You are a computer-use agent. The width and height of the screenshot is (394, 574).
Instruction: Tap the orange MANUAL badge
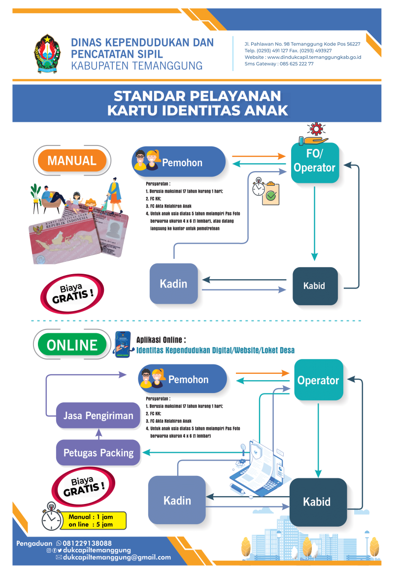pyautogui.click(x=72, y=161)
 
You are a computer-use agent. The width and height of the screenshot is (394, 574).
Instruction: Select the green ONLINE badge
pyautogui.click(x=72, y=345)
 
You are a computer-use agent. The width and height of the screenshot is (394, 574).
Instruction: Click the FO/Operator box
pyautogui.click(x=314, y=162)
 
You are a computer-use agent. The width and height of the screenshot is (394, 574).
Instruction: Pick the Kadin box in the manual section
pyautogui.click(x=173, y=284)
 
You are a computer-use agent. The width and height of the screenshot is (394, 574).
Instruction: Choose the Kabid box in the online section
pyautogui.click(x=318, y=502)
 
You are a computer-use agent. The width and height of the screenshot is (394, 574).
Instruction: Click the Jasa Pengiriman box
pyautogui.click(x=98, y=415)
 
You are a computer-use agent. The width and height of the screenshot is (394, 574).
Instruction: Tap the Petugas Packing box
pyautogui.click(x=98, y=453)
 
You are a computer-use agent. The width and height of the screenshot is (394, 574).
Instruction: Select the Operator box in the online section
pyautogui.click(x=318, y=380)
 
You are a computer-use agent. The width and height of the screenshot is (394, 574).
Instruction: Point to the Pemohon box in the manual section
pyautogui.click(x=179, y=162)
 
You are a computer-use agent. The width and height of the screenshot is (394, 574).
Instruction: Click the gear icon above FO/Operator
pyautogui.click(x=314, y=130)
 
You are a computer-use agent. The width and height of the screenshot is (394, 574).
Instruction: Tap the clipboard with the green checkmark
pyautogui.click(x=270, y=194)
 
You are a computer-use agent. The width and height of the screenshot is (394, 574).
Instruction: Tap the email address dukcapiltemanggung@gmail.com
pyautogui.click(x=117, y=557)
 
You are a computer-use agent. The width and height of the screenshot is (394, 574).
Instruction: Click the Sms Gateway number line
pyautogui.click(x=279, y=64)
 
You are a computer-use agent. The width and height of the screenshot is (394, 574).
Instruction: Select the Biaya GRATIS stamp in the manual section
pyautogui.click(x=72, y=295)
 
